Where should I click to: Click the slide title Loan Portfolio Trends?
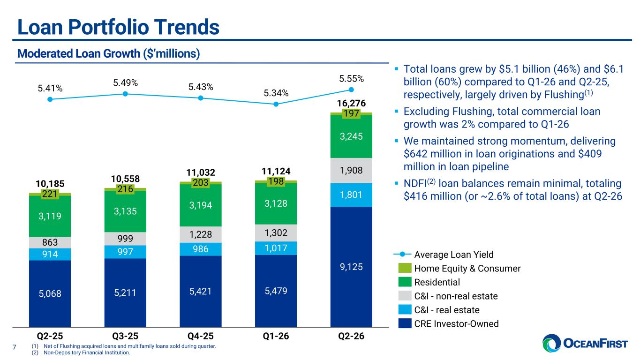(x=118, y=27)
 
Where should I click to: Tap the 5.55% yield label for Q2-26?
(x=352, y=79)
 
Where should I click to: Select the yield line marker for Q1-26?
(x=276, y=104)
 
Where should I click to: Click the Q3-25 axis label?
(x=125, y=336)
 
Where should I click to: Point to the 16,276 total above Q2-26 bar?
(x=352, y=103)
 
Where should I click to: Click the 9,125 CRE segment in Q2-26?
(x=352, y=267)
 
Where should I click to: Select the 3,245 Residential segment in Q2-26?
(x=352, y=136)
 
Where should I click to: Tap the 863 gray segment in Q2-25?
(x=50, y=242)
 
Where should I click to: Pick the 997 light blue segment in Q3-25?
(x=125, y=252)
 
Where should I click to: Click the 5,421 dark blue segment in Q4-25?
(x=201, y=292)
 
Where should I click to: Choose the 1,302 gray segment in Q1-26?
(x=276, y=233)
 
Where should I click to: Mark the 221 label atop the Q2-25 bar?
(x=50, y=194)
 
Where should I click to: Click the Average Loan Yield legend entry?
(x=444, y=254)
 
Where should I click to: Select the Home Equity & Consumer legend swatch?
(x=405, y=268)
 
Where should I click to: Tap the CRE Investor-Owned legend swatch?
(x=405, y=323)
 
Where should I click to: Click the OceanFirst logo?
(x=585, y=343)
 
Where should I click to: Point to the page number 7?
(x=14, y=347)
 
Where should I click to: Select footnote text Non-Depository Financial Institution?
(x=87, y=353)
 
